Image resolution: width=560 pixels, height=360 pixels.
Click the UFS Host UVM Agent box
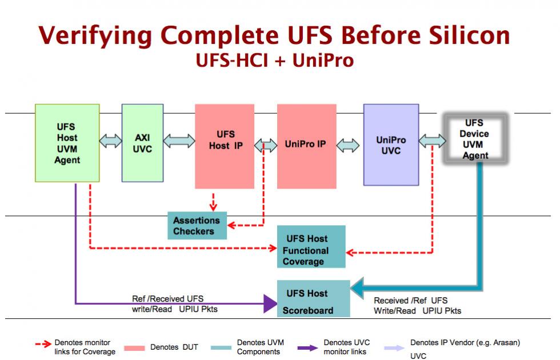67,143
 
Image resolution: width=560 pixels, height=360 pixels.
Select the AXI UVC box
142,143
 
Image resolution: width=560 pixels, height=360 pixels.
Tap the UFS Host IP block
225,146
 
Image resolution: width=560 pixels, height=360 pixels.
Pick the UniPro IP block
307,146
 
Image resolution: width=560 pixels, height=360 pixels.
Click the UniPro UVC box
391,145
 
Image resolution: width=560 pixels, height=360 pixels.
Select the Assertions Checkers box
197,226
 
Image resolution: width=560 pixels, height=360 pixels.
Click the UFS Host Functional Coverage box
311,246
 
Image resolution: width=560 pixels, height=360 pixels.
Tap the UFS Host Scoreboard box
313,298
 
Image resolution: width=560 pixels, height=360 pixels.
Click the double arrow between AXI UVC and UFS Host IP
179,141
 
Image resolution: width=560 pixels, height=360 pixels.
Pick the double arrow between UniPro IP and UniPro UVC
348,145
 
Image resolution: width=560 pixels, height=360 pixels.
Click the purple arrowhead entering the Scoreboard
270,303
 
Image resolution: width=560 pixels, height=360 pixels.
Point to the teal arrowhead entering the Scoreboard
357,287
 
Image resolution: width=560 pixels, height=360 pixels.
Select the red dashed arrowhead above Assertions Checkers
213,207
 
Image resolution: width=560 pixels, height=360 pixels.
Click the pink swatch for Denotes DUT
134,348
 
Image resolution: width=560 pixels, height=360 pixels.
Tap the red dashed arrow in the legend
43,344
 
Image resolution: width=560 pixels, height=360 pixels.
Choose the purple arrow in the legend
307,348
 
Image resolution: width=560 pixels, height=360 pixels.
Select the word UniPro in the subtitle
323,61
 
